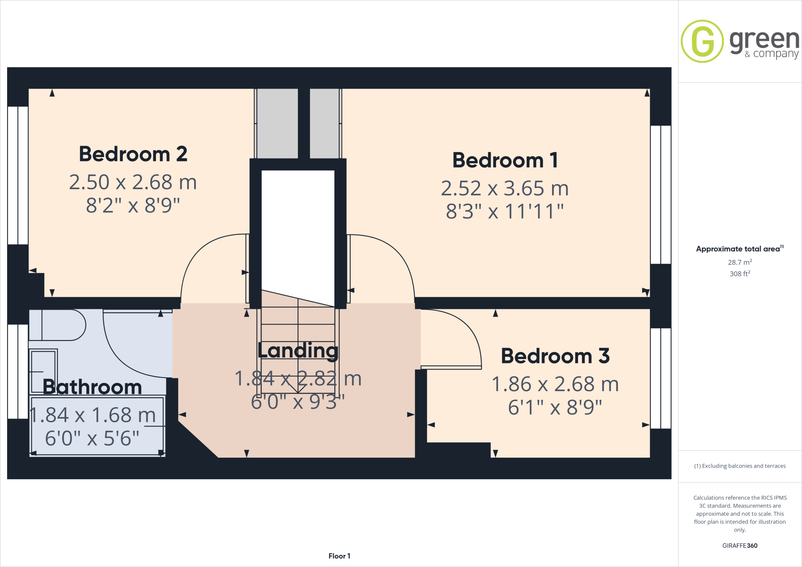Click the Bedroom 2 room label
[133, 154]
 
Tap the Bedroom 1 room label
[505, 160]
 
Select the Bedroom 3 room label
[555, 356]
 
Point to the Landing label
[298, 350]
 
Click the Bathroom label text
[92, 387]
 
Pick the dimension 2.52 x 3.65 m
[505, 188]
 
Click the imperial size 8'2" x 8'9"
[133, 205]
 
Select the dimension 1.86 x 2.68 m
[555, 384]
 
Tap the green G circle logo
[702, 41]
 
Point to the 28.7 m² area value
[740, 262]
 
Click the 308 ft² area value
[740, 274]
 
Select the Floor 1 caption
[339, 556]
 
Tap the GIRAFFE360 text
[740, 545]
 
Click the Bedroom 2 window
[18, 175]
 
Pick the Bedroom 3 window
[661, 378]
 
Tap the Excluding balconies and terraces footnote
[740, 466]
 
